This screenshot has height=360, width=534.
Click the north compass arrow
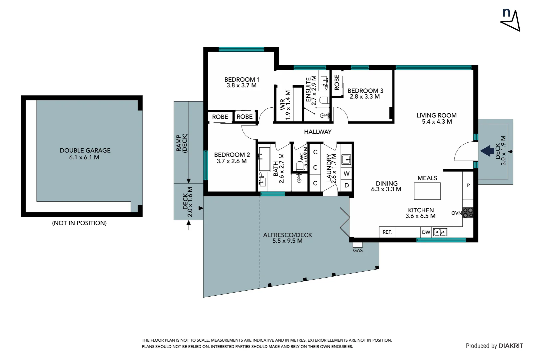[x=511, y=21]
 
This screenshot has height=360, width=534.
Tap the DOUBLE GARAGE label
[x=85, y=151]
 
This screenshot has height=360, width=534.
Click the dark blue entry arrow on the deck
[x=487, y=151]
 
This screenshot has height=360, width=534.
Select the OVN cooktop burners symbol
[x=468, y=213]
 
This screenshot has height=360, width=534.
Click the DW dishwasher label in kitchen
[x=426, y=232]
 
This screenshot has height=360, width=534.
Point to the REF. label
[x=387, y=232]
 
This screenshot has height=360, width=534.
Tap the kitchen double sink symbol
[x=440, y=232]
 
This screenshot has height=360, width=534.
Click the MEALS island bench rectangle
[x=427, y=191]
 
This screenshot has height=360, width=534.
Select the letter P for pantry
[x=468, y=185]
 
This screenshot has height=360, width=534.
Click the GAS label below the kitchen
[x=358, y=250]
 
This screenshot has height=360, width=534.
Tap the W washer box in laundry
[x=346, y=173]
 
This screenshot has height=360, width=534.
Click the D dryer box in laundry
[x=346, y=185]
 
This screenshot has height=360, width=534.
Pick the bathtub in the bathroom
[x=264, y=159]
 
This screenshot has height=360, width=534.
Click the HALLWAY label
[x=317, y=132]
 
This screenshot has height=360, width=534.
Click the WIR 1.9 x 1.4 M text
[x=285, y=105]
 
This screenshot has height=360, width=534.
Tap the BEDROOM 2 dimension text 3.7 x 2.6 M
[x=232, y=161]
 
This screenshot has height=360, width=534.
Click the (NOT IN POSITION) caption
[x=79, y=223]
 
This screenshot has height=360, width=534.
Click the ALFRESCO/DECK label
[x=287, y=235]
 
